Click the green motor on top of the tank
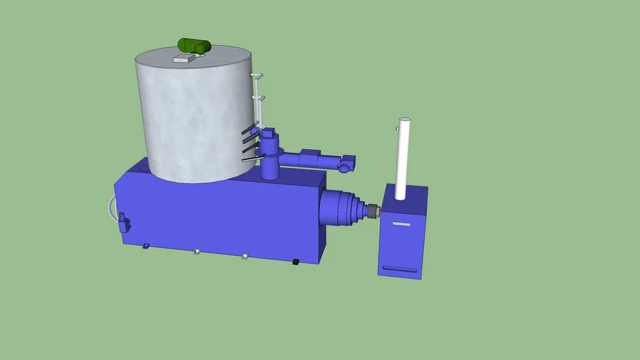click(194, 46)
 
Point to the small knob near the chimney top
click(398, 129)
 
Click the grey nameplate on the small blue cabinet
click(401, 224)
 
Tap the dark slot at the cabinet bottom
click(399, 269)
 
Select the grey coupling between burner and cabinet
click(372, 210)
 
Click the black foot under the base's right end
click(295, 262)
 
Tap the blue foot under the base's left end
click(146, 245)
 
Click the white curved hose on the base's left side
click(110, 208)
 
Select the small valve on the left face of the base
click(124, 223)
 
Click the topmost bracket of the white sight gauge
click(258, 75)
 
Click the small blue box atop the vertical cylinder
click(269, 132)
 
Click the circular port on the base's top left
click(141, 167)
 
